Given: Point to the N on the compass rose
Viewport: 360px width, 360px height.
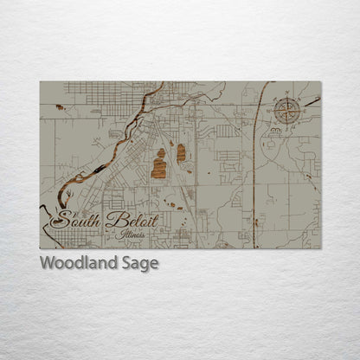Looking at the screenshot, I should pyautogui.click(x=287, y=98).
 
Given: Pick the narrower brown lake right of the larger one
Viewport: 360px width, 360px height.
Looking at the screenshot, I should pyautogui.click(x=181, y=154).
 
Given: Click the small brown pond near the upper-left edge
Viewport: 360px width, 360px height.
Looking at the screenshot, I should pyautogui.click(x=59, y=108).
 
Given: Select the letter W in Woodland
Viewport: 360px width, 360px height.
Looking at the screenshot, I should pyautogui.click(x=48, y=263).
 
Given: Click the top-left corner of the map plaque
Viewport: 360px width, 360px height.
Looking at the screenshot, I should pyautogui.click(x=40, y=82).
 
